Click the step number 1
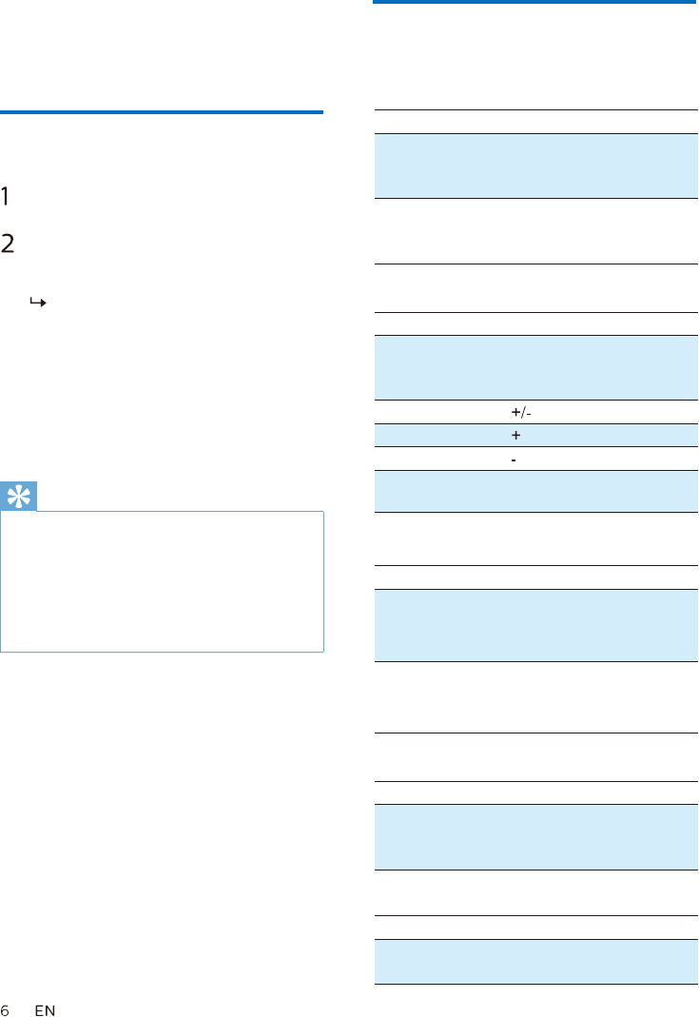click(5, 196)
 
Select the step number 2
click(8, 244)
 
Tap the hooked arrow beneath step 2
click(38, 303)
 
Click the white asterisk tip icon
click(19, 497)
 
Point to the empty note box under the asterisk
click(162, 581)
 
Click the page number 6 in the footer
click(5, 1010)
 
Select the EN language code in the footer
click(46, 1010)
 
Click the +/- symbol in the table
click(521, 412)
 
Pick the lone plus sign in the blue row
click(516, 435)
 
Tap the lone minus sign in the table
click(514, 460)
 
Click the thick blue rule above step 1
click(162, 112)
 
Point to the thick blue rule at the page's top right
click(534, 2)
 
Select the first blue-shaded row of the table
click(536, 166)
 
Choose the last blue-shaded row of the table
click(536, 962)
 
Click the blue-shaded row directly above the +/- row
click(536, 368)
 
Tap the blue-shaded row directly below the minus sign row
click(536, 492)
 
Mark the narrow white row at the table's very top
click(536, 122)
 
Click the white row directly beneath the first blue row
click(536, 231)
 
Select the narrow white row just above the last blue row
click(536, 928)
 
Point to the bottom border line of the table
click(536, 985)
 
